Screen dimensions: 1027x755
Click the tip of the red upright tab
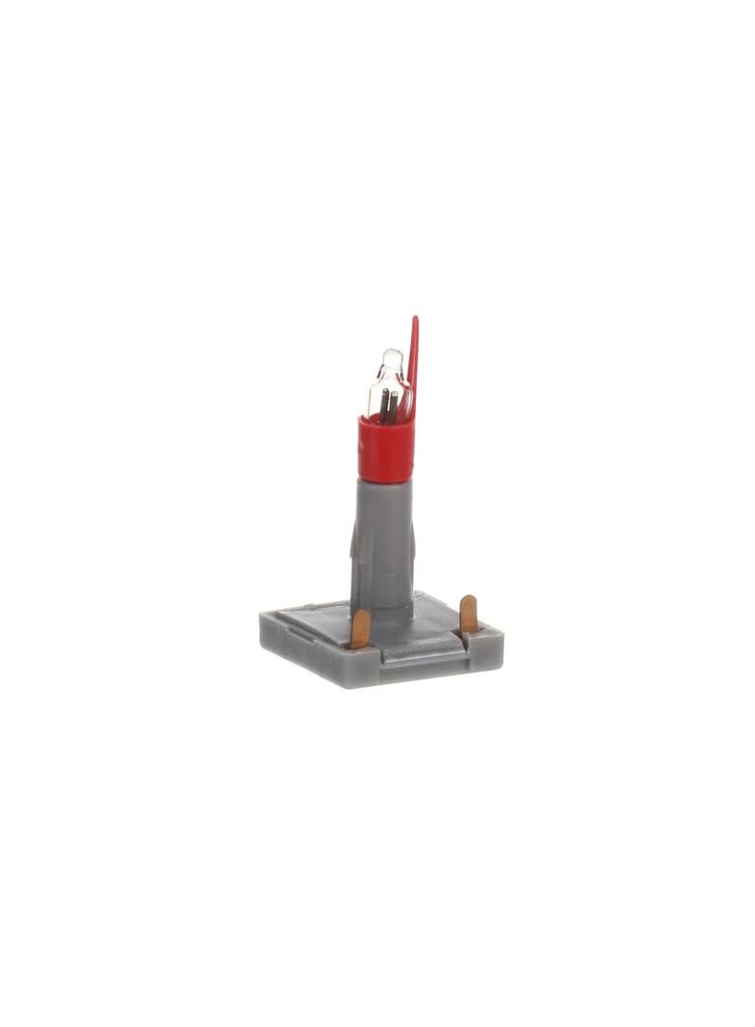point(414,320)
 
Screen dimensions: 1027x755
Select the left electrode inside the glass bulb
point(383,406)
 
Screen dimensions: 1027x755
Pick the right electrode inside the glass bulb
point(394,407)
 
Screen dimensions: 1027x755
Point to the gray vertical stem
point(383,540)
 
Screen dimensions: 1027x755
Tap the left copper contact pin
point(360,628)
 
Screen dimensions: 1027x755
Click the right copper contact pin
point(468,613)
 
